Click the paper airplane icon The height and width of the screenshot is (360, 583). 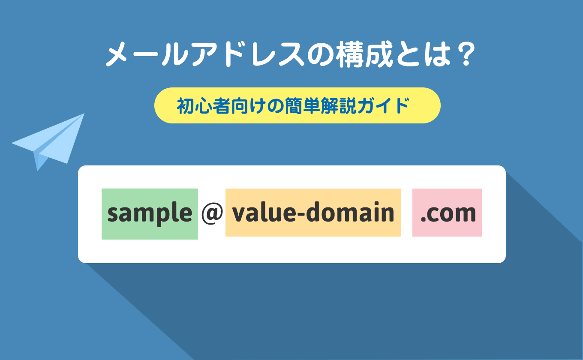(48, 142)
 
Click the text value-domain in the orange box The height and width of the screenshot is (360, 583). (313, 212)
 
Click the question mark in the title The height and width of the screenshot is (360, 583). (466, 54)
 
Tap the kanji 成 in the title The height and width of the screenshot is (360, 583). (379, 54)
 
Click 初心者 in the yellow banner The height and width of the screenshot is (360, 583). (204, 106)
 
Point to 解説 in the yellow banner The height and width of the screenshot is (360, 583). (338, 106)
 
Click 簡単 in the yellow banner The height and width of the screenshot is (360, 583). (302, 106)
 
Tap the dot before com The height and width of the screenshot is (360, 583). (423, 220)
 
